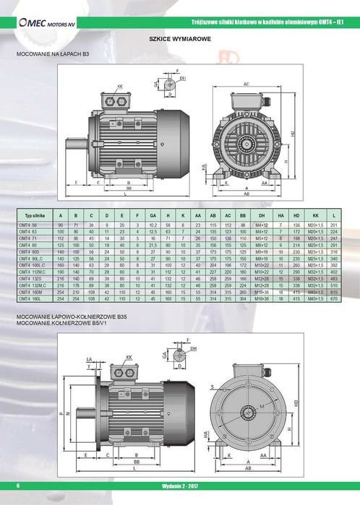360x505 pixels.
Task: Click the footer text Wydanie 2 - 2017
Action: click(179, 499)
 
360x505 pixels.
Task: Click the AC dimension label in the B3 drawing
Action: click(247, 85)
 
